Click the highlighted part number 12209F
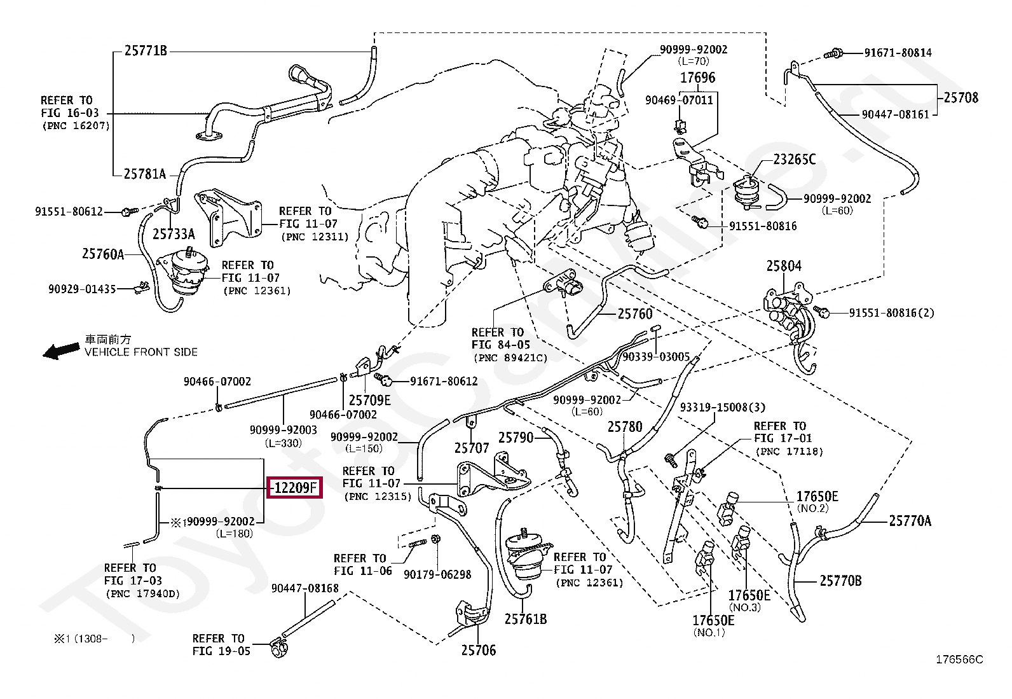pyautogui.click(x=295, y=488)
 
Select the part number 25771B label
pyautogui.click(x=146, y=51)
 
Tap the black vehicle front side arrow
pyautogui.click(x=61, y=350)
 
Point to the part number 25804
pyautogui.click(x=783, y=266)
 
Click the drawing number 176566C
pyautogui.click(x=959, y=659)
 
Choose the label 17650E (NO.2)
pyautogui.click(x=817, y=497)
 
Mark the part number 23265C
pyautogui.click(x=794, y=159)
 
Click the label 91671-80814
pyautogui.click(x=898, y=53)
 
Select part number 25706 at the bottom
pyautogui.click(x=478, y=650)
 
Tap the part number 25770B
pyautogui.click(x=840, y=580)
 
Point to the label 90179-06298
pyautogui.click(x=437, y=574)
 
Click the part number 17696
pyautogui.click(x=697, y=78)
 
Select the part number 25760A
pyautogui.click(x=103, y=254)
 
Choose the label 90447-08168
pyautogui.click(x=305, y=588)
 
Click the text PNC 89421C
pyautogui.click(x=510, y=358)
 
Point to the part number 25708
pyautogui.click(x=961, y=97)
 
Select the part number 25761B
pyautogui.click(x=526, y=618)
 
